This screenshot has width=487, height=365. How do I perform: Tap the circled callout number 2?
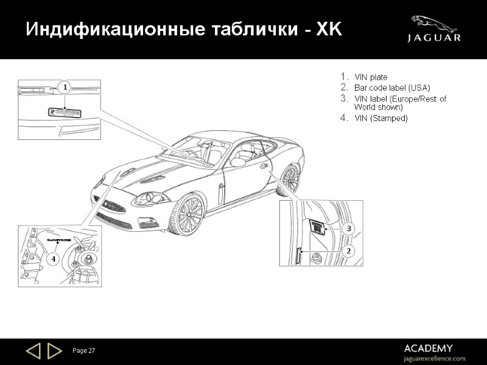348,250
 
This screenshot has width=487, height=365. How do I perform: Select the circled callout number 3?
348,229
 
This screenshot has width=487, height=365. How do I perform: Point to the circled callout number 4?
54,258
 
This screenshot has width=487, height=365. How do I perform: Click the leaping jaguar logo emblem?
433,24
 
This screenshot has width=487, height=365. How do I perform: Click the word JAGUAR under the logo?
434,38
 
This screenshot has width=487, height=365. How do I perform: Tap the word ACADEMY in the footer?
428,349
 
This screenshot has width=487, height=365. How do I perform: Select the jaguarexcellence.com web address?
435,358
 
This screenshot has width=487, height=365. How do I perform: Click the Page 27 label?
84,351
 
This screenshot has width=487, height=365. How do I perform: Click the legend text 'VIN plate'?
371,77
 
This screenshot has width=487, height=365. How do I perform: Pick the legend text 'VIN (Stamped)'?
380,118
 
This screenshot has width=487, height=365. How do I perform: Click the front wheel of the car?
186,215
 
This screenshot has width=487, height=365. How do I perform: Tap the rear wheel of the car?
290,179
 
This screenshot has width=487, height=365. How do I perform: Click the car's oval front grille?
114,207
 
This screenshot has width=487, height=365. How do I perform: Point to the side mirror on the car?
238,162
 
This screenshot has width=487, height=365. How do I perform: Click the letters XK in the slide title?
328,30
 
